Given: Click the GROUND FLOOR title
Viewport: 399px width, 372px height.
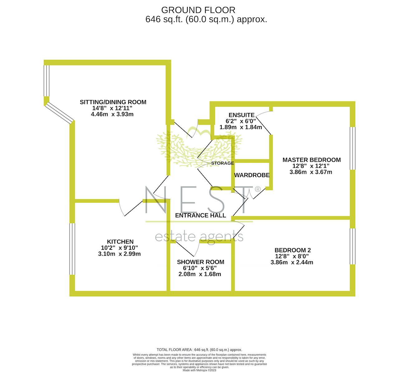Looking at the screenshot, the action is coord(198,10).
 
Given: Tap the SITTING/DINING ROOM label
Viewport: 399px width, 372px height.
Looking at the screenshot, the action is coord(113,102).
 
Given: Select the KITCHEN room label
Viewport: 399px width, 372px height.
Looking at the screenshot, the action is coord(120,242).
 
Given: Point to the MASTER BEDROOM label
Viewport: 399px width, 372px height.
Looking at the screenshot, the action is coord(312,160).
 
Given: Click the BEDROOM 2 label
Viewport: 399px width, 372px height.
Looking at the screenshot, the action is coord(292,250).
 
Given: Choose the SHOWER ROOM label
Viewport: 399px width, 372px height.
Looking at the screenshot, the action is coord(200,262).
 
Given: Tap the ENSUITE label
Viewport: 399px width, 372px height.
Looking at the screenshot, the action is coord(242,115).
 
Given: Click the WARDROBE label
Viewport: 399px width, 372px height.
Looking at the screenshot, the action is coord(252,175).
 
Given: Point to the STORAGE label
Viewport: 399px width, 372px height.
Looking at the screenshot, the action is coord(223,163).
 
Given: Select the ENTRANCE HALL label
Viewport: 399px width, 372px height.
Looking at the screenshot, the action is coord(200,215).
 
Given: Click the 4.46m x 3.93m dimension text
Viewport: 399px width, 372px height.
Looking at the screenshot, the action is coord(112,114).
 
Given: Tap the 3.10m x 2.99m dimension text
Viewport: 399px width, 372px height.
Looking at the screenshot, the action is coord(119,254).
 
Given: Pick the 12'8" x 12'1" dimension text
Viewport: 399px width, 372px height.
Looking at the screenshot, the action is coord(311,166).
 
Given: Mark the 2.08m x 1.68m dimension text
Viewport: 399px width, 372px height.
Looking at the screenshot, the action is coord(200,274).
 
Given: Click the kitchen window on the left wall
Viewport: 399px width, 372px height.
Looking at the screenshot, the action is coord(72,249).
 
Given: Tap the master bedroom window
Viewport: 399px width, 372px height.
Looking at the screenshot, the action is coord(353,148).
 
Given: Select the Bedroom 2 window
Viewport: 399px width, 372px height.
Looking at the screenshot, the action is coord(353,246).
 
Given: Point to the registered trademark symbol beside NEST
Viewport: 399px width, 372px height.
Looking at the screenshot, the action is coord(257,189).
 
